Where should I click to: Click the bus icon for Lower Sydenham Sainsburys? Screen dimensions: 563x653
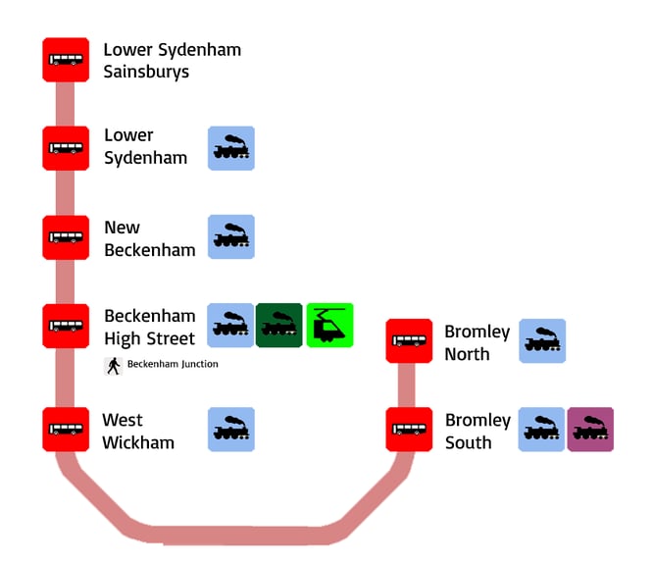(66, 60)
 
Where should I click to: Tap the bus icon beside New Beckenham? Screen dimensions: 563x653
(66, 237)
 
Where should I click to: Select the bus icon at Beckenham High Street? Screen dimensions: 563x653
(66, 326)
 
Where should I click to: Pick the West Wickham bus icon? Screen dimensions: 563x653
(66, 430)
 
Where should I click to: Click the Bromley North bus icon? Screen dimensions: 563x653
(409, 341)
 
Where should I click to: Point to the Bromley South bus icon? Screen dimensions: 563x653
(409, 430)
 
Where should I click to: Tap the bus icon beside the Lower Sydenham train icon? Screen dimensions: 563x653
(66, 148)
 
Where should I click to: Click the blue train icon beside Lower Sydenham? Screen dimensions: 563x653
(231, 148)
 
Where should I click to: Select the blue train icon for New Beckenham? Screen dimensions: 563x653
(231, 237)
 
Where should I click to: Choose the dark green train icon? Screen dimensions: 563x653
(279, 326)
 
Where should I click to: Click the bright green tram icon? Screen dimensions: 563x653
(329, 326)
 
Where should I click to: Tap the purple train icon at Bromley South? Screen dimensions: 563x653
(590, 430)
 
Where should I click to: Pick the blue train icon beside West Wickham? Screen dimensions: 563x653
(231, 430)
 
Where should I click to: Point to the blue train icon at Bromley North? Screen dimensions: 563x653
(542, 341)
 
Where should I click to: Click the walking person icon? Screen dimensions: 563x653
(114, 365)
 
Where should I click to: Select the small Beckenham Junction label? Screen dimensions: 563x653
(173, 365)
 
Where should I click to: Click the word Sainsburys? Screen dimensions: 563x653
(146, 72)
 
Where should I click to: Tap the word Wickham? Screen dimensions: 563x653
(138, 442)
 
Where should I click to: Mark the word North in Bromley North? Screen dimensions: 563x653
(467, 354)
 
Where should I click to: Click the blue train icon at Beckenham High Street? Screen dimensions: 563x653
(231, 326)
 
